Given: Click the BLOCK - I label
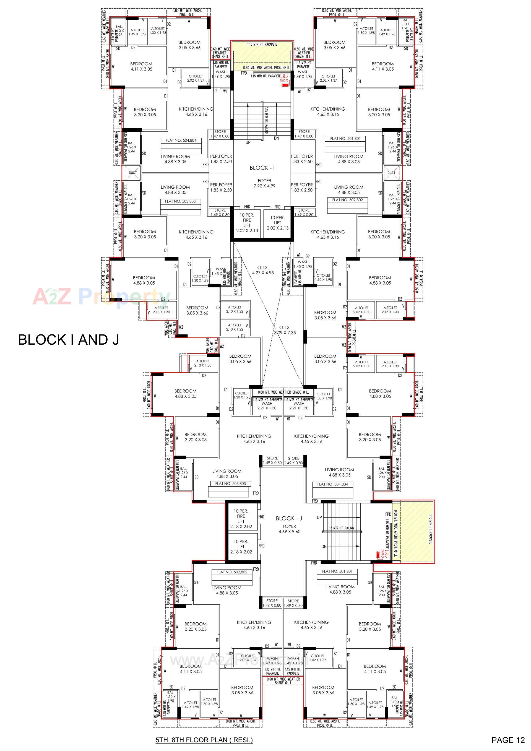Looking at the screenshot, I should pyautogui.click(x=262, y=168).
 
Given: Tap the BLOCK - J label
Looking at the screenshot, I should pyautogui.click(x=289, y=518).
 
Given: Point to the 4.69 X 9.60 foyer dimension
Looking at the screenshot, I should pyautogui.click(x=289, y=532).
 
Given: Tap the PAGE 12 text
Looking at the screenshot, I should pyautogui.click(x=507, y=740).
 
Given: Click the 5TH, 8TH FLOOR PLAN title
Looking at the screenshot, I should pyautogui.click(x=204, y=740).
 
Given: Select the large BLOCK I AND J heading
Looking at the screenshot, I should pyautogui.click(x=68, y=340).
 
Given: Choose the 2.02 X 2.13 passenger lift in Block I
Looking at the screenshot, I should pyautogui.click(x=277, y=223).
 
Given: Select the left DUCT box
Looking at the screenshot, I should pyautogui.click(x=133, y=173).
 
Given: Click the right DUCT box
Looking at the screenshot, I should pyautogui.click(x=391, y=173).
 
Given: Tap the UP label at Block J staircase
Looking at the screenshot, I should pyautogui.click(x=319, y=518).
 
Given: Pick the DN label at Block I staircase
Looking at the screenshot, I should pyautogui.click(x=277, y=138).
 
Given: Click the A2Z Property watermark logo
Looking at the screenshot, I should pyautogui.click(x=101, y=296).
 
